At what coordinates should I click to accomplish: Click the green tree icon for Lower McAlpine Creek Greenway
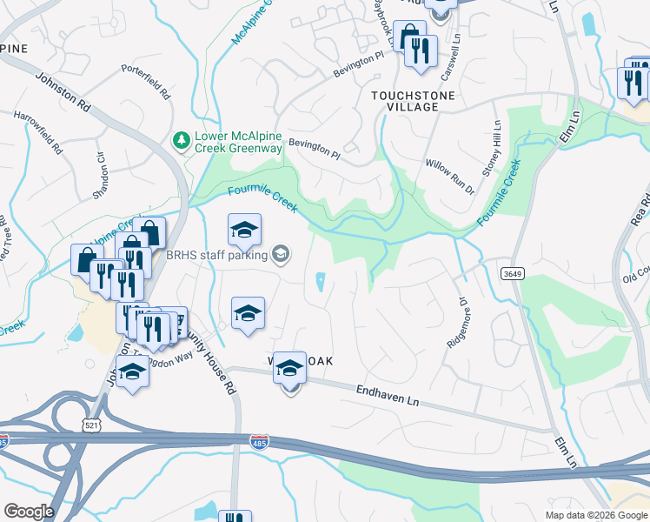coord(182,140)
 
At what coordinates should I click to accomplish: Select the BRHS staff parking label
coord(217,254)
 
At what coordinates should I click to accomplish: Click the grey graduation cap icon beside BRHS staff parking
coord(280,254)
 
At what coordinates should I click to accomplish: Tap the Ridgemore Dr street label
coord(458,322)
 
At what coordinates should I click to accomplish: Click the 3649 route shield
coord(511,273)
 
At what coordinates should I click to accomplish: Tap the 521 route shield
coord(92,425)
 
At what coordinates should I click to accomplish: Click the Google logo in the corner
coord(29,512)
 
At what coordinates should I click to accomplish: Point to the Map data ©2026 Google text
coord(595,515)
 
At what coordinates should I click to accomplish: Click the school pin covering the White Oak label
coord(289,369)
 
